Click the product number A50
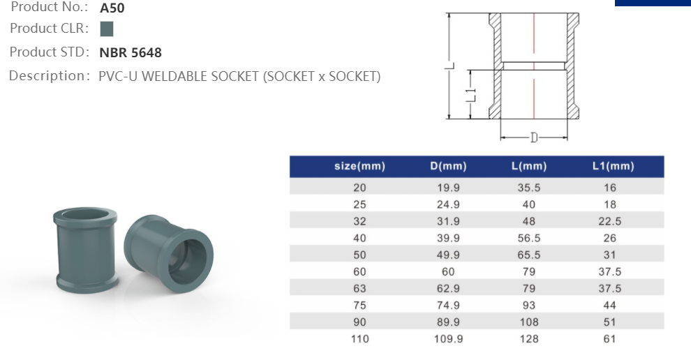coord(112,8)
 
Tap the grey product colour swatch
coord(107,29)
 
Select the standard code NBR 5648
coord(131,52)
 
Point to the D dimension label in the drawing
coord(534,137)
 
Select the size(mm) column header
coord(359,167)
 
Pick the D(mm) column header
coord(448,167)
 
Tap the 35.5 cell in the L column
coord(529,188)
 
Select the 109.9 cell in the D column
coord(448,338)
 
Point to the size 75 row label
coord(360,305)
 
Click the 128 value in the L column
coord(529,338)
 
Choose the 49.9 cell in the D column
coord(448,255)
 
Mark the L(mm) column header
coord(529,167)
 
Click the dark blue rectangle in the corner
coord(653,3)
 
